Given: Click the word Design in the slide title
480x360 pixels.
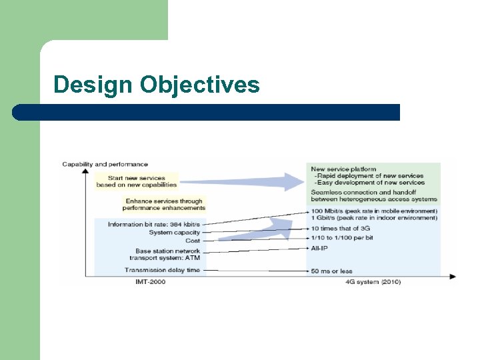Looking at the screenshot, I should point(93,85).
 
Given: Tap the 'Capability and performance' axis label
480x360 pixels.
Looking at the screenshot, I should point(105,164).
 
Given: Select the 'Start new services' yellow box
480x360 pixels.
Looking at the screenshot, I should point(137,181).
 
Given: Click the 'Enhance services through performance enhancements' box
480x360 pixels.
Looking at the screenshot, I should point(164,204).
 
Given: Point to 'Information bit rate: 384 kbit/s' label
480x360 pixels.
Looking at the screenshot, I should point(154,225).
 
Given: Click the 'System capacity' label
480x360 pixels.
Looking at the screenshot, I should point(174,233).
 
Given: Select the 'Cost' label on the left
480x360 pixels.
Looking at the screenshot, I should point(193,241).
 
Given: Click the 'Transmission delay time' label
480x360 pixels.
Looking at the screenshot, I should point(162,270).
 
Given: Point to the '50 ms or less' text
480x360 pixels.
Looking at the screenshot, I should point(331,271).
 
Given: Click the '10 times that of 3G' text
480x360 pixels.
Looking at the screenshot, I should point(341,229).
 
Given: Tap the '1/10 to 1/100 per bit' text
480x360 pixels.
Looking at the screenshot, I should point(343,238).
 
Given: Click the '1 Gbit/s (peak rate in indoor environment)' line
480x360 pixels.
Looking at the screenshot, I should point(373,218).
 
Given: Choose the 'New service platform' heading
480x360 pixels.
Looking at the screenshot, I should point(343,169).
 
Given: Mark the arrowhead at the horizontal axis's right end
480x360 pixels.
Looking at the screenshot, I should point(453,276).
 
